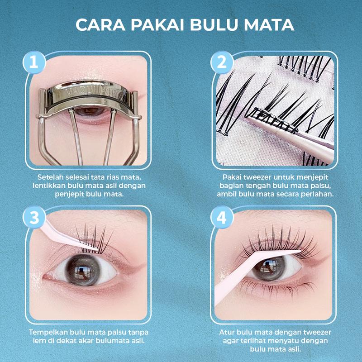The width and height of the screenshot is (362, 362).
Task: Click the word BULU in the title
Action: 215,25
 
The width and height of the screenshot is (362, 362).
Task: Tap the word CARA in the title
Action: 100,25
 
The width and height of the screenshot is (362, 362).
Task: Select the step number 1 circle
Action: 34,62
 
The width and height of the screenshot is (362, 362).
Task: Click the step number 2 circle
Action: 222,62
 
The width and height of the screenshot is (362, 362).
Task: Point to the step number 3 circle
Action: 34,218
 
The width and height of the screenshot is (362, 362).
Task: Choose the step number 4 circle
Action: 222,218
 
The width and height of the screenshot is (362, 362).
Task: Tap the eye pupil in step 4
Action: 269,268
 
